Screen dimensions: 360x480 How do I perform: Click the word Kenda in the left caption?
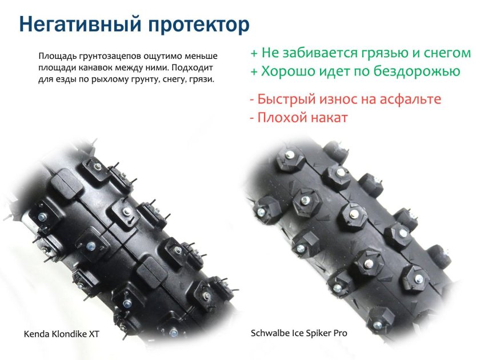[35, 334]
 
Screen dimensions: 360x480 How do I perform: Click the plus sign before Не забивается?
[254, 53]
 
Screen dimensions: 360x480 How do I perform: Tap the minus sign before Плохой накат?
[252, 118]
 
